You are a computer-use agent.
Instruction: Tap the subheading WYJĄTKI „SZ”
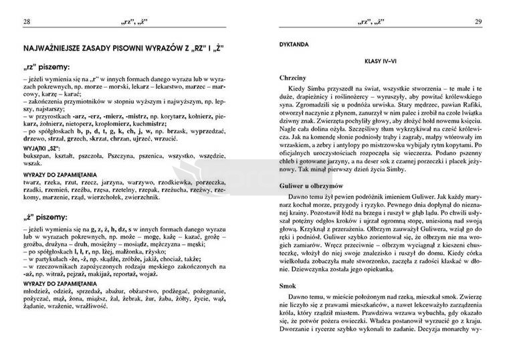[41, 147]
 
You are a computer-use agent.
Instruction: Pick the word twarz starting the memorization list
[31, 181]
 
